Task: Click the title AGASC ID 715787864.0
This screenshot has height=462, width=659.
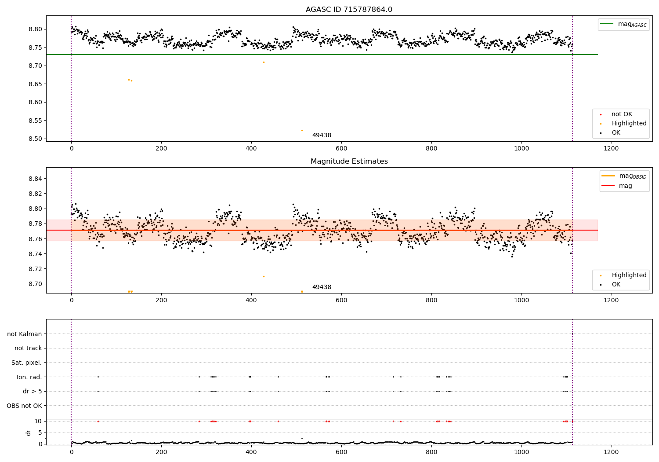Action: click(x=349, y=10)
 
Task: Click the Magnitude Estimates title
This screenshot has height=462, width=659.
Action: click(x=349, y=161)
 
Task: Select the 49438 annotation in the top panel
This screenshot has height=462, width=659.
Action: click(x=322, y=136)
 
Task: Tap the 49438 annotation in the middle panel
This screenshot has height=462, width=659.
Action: click(x=322, y=287)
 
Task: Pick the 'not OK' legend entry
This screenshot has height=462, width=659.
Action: click(x=621, y=114)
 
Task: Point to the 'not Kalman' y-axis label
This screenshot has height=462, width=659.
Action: click(x=24, y=334)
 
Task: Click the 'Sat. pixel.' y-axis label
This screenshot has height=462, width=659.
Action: click(x=26, y=363)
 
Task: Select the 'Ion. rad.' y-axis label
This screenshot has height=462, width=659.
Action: click(x=29, y=377)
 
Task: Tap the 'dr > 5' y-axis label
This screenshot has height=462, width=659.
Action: click(x=32, y=391)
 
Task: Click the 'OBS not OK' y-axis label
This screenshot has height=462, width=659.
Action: click(x=24, y=406)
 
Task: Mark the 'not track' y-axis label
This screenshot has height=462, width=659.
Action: click(x=28, y=348)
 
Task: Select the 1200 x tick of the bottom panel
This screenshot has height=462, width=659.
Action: click(x=611, y=452)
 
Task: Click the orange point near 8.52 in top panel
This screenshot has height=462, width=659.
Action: click(x=302, y=130)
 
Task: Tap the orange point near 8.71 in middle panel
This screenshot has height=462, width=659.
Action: click(x=264, y=276)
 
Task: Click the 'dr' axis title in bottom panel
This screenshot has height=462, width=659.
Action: click(x=29, y=433)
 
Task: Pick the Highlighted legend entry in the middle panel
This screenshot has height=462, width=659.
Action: click(x=629, y=275)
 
